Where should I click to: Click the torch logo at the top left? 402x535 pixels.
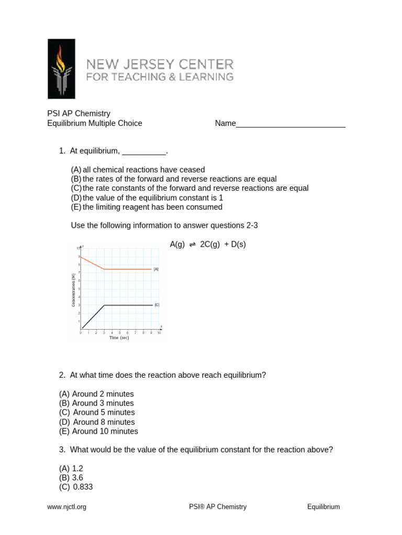pyautogui.click(x=61, y=69)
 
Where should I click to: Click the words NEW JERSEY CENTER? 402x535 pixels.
pyautogui.click(x=160, y=65)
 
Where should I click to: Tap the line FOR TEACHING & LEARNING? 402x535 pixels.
pyautogui.click(x=160, y=77)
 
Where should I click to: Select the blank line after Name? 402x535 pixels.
pyautogui.click(x=291, y=124)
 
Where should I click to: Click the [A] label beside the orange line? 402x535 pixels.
pyautogui.click(x=156, y=269)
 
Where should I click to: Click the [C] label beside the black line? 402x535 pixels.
pyautogui.click(x=157, y=305)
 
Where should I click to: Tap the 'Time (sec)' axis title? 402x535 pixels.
pyautogui.click(x=119, y=338)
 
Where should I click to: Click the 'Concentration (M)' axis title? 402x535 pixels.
pyautogui.click(x=74, y=290)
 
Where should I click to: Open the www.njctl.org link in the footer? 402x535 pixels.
pyautogui.click(x=66, y=507)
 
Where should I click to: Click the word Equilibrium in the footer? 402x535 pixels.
pyautogui.click(x=323, y=507)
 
